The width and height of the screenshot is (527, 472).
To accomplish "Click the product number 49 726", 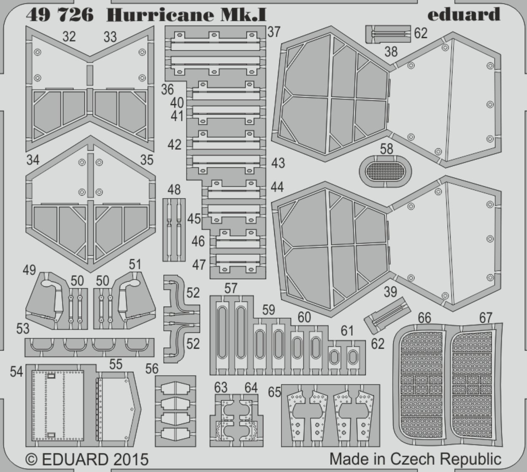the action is point(59,15).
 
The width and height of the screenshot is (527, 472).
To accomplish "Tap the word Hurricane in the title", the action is point(160,15).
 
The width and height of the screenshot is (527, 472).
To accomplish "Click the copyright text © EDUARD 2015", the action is point(87,459).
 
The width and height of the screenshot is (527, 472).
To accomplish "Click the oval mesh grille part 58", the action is point(386,171).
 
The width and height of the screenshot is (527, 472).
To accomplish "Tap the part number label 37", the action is point(274,32).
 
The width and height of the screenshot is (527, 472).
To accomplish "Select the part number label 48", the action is point(174,189).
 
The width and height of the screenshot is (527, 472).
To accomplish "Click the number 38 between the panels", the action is point(391,52).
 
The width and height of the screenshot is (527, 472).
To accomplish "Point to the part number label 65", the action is point(275,392).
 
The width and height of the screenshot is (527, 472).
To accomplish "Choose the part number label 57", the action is point(231,288).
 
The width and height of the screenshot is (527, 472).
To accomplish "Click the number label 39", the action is point(390,292).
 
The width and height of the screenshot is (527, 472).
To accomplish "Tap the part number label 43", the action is point(278,163).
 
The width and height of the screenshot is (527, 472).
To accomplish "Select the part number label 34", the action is point(33,160).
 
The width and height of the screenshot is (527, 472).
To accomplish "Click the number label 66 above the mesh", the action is point(424,318).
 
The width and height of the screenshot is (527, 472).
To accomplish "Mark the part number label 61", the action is point(347,331).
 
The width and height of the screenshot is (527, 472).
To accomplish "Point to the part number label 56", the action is point(152,369).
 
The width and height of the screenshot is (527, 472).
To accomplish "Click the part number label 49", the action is point(29,270).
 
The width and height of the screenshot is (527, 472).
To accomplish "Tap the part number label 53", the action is point(23,329).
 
